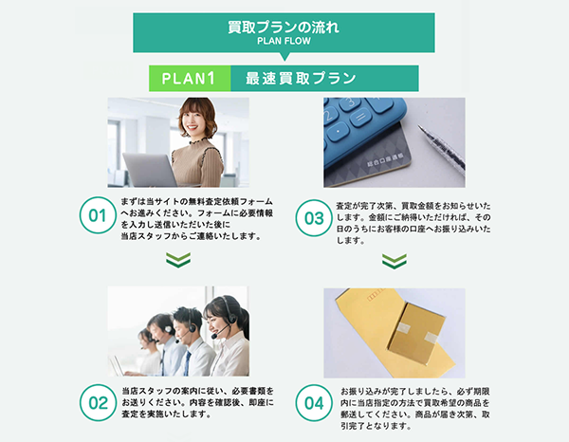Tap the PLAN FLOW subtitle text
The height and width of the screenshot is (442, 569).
coord(284,42)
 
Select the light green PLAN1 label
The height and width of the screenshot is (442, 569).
coord(190,78)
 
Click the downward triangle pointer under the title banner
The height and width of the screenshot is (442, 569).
coord(284,58)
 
